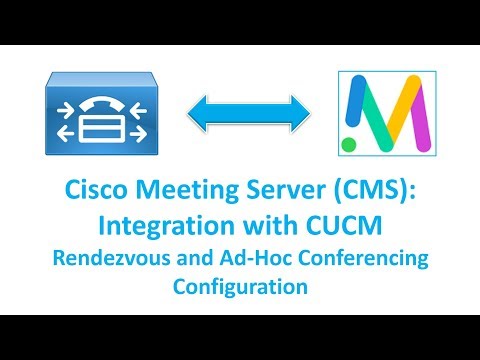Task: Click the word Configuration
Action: tap(240, 287)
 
